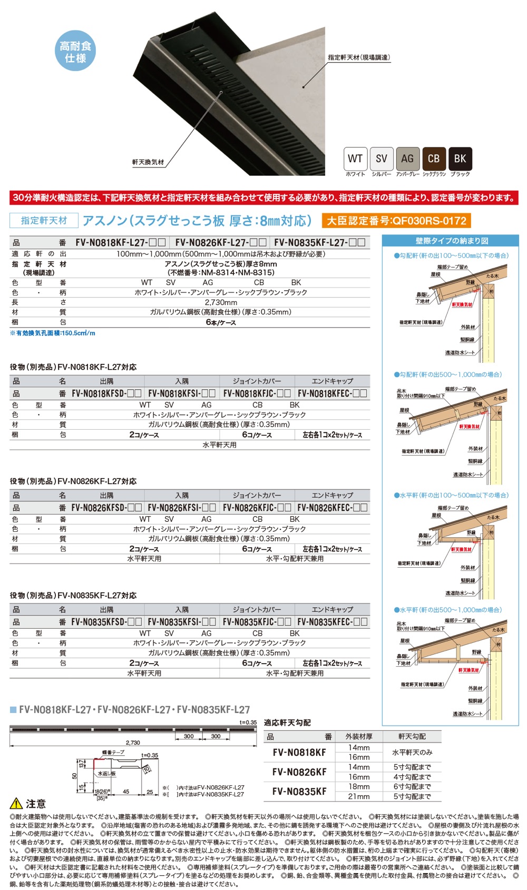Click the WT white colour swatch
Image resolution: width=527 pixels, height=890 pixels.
click(355, 159)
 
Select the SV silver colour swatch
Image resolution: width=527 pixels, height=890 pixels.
click(381, 159)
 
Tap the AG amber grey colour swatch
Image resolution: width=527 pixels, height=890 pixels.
click(407, 159)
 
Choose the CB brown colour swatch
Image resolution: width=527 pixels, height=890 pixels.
click(434, 159)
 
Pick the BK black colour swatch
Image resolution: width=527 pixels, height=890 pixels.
click(460, 159)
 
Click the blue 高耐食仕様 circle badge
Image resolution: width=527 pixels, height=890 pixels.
click(75, 51)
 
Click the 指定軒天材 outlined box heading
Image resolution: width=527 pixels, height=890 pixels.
click(44, 221)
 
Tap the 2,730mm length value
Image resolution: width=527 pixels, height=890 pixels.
click(221, 302)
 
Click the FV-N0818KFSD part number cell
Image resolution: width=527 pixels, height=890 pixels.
click(106, 393)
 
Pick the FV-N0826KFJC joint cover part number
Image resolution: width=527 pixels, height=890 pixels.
click(257, 508)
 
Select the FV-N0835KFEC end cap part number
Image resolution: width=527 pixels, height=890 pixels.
click(332, 622)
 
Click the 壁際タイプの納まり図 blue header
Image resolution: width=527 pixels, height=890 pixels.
click(451, 241)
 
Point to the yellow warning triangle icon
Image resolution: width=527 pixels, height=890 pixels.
click(16, 804)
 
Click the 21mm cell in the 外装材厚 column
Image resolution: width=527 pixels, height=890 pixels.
click(359, 796)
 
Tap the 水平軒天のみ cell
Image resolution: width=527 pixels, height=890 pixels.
click(412, 753)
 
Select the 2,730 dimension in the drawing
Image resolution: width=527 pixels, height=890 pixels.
click(133, 743)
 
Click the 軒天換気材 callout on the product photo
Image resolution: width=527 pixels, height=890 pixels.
click(148, 162)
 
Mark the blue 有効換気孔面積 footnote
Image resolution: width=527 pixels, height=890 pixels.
click(53, 333)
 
